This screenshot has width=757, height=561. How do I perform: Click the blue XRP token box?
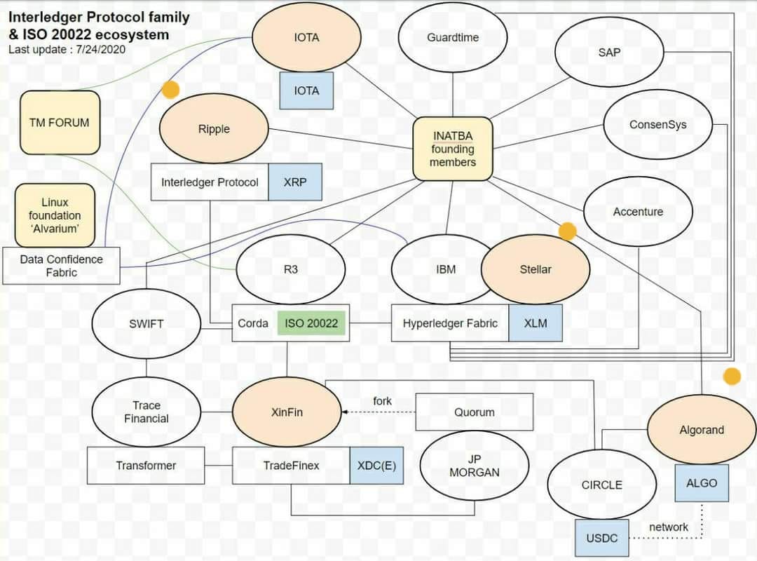click(295, 182)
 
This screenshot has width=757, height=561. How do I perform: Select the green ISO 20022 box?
click(311, 323)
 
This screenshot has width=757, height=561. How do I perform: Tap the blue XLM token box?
click(536, 323)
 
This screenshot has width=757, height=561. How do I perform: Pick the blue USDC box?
click(601, 538)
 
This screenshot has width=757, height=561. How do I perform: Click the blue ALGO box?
click(702, 483)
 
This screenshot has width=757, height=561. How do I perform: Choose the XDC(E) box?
click(376, 466)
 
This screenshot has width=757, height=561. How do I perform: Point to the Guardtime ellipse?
click(453, 38)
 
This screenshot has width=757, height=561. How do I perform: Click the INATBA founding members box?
click(453, 149)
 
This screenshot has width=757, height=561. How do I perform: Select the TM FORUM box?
click(60, 123)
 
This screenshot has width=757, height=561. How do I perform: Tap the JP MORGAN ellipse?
click(475, 466)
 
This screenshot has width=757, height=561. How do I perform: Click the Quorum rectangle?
click(475, 412)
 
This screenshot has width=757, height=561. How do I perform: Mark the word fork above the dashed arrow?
click(383, 401)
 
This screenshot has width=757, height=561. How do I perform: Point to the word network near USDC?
click(669, 527)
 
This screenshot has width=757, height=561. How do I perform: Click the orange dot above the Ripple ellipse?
click(170, 89)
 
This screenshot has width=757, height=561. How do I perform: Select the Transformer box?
click(146, 466)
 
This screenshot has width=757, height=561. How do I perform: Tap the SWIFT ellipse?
click(146, 324)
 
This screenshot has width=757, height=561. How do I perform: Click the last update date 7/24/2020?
click(100, 49)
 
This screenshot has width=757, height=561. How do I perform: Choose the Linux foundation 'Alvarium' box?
click(55, 215)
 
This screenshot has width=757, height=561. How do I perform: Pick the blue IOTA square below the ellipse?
click(306, 90)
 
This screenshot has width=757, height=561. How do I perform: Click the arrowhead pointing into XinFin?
click(344, 412)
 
